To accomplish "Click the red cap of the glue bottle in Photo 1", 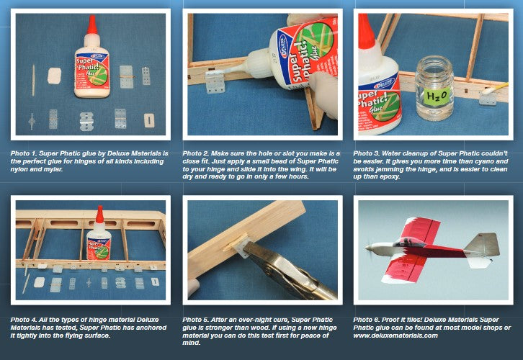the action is pyautogui.click(x=92, y=24).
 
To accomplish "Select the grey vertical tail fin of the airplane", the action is pyautogui.click(x=483, y=245).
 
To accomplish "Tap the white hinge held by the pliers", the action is pyautogui.click(x=241, y=246).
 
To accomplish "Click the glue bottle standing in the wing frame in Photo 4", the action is pyautogui.click(x=99, y=236).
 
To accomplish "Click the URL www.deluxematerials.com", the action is pyautogui.click(x=395, y=336).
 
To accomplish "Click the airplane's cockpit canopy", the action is pyautogui.click(x=406, y=242).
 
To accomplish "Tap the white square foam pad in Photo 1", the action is pyautogui.click(x=54, y=76).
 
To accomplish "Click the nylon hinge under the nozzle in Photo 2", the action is pyautogui.click(x=215, y=81).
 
